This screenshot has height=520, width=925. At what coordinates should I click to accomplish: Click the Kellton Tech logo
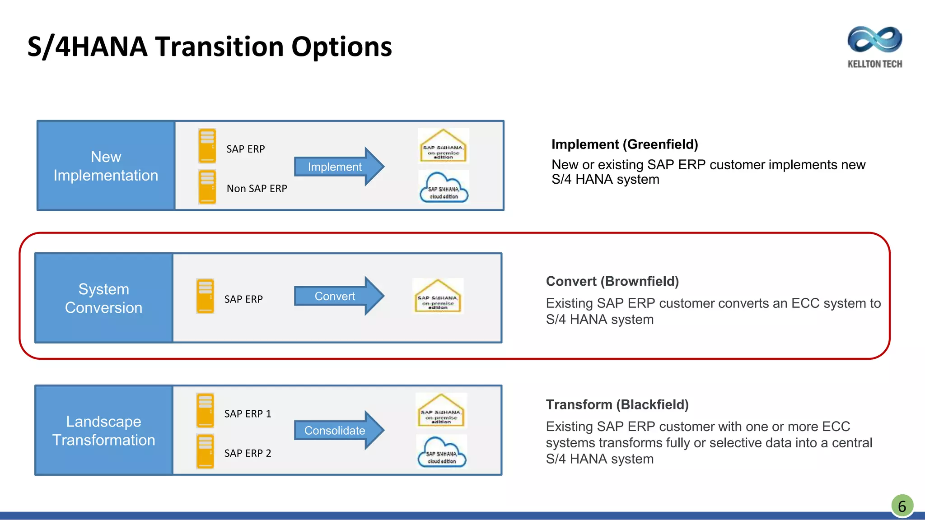pyautogui.click(x=874, y=46)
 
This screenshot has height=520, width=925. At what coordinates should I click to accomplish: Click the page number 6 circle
pyautogui.click(x=902, y=506)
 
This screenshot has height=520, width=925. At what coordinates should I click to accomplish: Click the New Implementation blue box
pyautogui.click(x=106, y=166)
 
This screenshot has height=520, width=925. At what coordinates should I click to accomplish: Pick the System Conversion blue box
pyautogui.click(x=104, y=298)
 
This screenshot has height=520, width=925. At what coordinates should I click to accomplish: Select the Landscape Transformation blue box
pyautogui.click(x=104, y=430)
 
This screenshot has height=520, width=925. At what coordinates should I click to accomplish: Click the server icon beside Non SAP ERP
pyautogui.click(x=207, y=187)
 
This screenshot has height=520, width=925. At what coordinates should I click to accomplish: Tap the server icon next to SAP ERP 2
pyautogui.click(x=205, y=451)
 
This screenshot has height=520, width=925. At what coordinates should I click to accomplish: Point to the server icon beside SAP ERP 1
pyautogui.click(x=205, y=410)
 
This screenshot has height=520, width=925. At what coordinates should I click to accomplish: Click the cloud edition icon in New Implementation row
pyautogui.click(x=444, y=187)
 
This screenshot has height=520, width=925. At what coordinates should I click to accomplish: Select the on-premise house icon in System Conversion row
pyautogui.click(x=438, y=296)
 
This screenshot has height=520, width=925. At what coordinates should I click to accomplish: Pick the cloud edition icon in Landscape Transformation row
pyautogui.click(x=441, y=451)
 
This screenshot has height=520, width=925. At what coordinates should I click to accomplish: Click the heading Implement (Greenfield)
pyautogui.click(x=625, y=144)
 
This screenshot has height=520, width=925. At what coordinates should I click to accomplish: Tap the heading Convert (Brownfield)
pyautogui.click(x=612, y=281)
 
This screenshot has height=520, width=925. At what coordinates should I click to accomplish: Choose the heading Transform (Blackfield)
pyautogui.click(x=617, y=404)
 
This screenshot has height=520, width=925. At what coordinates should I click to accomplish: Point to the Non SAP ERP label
pyautogui.click(x=257, y=189)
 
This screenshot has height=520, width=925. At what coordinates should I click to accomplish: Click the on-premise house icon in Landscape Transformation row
pyautogui.click(x=441, y=410)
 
